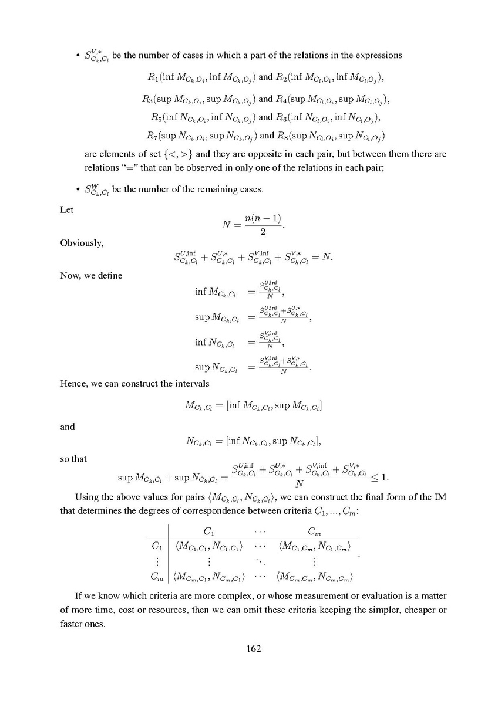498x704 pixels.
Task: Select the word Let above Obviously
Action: [67, 209]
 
